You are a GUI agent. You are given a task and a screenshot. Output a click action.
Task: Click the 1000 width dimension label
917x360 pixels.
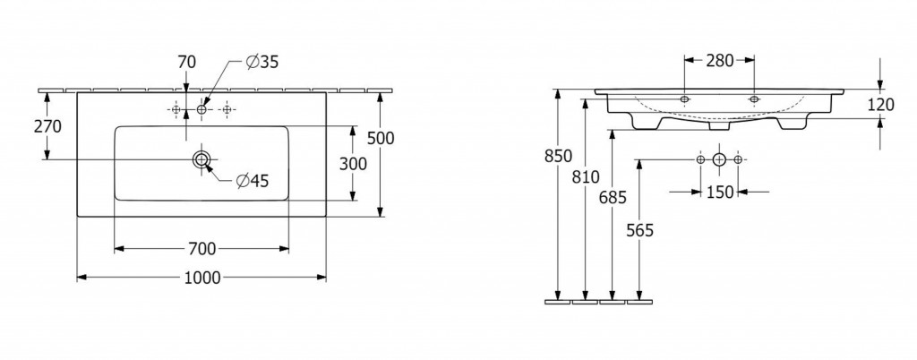tap(202, 278)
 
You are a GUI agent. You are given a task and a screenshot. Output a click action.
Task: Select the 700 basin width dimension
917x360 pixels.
tap(202, 250)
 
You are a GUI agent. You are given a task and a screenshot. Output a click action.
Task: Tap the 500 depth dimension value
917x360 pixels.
tap(381, 138)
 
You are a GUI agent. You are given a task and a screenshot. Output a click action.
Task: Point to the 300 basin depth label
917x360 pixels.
tap(353, 164)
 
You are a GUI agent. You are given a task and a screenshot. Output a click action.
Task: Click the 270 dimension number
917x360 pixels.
tap(48, 126)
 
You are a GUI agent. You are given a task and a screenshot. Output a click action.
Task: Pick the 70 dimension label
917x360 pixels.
tap(186, 62)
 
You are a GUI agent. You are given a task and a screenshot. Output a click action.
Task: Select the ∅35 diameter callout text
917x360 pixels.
tap(261, 63)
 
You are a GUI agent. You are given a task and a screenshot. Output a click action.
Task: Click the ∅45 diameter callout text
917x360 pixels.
tap(252, 181)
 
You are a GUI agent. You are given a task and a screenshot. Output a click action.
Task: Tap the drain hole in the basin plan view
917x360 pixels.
tap(201, 159)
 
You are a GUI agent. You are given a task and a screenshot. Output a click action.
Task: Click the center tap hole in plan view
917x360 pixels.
tap(201, 109)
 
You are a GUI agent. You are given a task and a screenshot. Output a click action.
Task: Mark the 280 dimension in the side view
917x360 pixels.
tap(719, 60)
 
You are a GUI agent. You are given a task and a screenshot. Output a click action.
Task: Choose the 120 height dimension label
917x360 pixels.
tap(881, 105)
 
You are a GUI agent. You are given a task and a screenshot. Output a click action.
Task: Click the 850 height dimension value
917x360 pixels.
tap(558, 156)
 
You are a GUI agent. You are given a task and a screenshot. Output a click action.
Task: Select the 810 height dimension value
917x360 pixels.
tap(586, 176)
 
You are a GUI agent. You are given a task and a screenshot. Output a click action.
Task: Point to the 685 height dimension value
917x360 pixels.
tap(613, 198)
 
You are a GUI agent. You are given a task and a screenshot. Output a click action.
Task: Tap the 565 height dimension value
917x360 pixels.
tap(639, 231)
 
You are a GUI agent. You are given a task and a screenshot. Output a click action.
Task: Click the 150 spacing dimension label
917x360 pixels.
tap(719, 192)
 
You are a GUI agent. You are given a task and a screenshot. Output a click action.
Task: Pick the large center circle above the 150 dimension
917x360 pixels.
tap(719, 159)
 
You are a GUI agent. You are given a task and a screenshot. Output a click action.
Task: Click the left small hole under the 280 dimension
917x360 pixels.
tap(685, 99)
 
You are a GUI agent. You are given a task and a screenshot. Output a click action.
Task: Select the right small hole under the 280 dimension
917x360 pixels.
tap(754, 99)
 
